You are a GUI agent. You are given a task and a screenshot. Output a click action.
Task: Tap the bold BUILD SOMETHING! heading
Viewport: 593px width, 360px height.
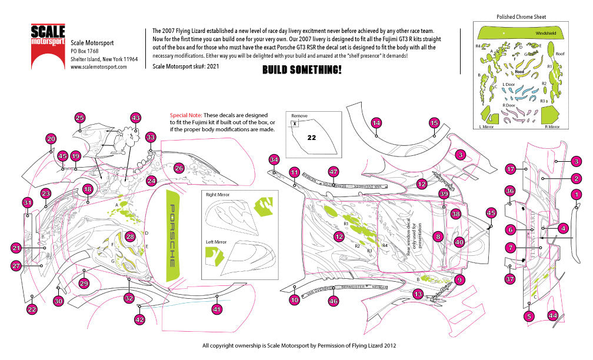click(301, 70)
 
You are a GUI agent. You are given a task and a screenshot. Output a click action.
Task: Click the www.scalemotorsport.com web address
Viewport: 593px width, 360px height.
click(99, 67)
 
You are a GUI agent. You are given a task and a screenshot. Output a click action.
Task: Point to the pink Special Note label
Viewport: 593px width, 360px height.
click(185, 115)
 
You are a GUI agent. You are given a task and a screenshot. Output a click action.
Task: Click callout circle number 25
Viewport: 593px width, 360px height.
click(80, 117)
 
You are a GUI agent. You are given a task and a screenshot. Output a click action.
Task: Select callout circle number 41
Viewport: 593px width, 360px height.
click(217, 308)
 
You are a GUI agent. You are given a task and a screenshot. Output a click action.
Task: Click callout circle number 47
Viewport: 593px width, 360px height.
click(334, 172)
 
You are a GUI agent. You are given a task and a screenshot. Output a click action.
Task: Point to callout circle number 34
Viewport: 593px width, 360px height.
click(274, 159)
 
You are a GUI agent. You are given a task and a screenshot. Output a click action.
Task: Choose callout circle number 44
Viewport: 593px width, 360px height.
click(552, 316)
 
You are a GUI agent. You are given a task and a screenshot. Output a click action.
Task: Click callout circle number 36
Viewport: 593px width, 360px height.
click(510, 191)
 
